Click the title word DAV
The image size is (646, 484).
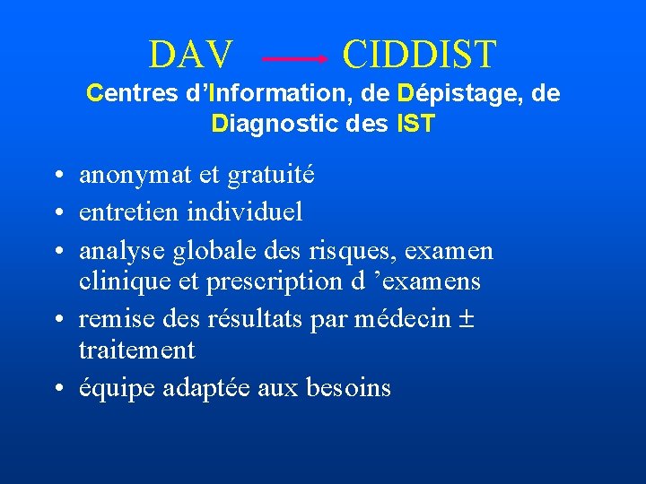191,55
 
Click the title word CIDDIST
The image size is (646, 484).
418,55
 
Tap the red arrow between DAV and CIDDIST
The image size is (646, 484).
294,58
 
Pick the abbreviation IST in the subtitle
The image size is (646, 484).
415,123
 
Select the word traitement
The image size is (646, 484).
136,350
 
